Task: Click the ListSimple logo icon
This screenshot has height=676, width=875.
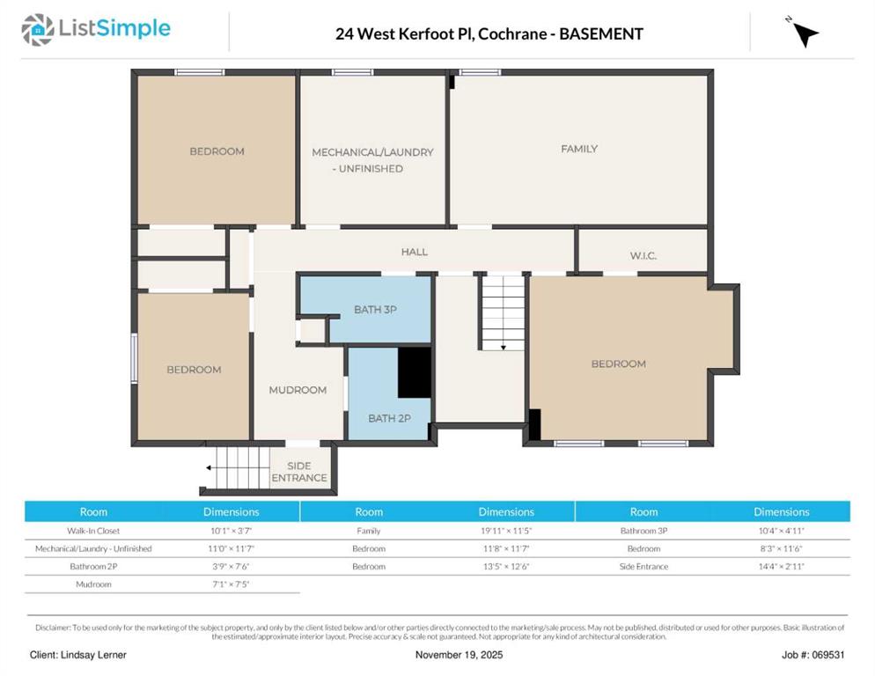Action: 38,30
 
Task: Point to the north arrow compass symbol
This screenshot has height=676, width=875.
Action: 803,33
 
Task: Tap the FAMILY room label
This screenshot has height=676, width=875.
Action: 579,149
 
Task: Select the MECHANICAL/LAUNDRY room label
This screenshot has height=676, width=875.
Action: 372,159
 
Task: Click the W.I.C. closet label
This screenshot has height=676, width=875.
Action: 643,255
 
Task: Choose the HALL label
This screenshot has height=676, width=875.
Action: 415,252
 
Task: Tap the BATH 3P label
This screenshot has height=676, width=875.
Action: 376,309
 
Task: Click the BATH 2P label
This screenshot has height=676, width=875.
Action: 389,418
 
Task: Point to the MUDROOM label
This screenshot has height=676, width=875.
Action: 298,390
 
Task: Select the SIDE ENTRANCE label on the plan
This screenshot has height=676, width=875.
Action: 299,471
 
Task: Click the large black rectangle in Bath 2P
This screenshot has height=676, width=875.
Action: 414,372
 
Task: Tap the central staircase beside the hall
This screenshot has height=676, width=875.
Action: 504,312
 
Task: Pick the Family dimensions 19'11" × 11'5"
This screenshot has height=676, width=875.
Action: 505,531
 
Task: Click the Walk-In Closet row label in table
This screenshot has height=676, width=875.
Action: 93,531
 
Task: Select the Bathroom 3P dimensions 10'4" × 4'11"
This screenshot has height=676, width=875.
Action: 781,531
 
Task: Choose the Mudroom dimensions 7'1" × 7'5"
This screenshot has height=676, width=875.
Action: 232,584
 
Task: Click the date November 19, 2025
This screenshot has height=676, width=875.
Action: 460,655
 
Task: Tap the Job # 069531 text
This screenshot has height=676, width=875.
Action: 812,655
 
